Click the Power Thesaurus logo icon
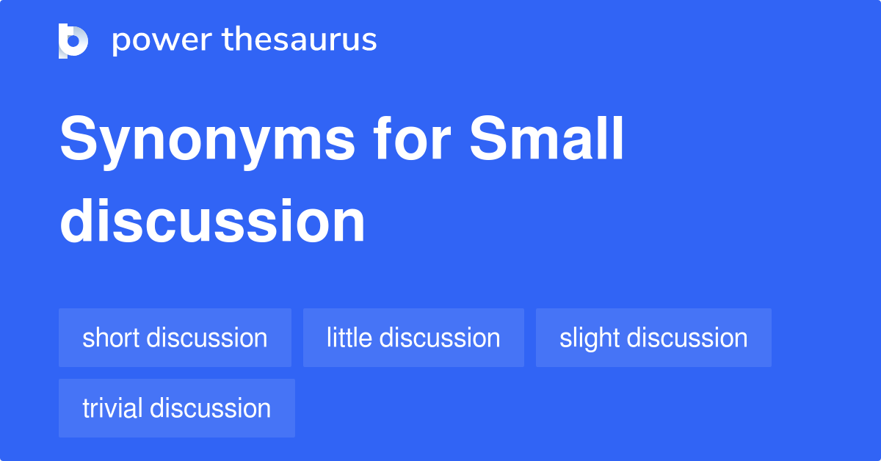point(73,40)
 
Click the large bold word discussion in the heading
point(212,221)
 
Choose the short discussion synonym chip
point(175,338)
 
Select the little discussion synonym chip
point(413,338)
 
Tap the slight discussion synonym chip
point(653,338)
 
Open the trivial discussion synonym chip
point(177,408)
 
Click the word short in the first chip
point(111,338)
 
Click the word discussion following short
point(207,338)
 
